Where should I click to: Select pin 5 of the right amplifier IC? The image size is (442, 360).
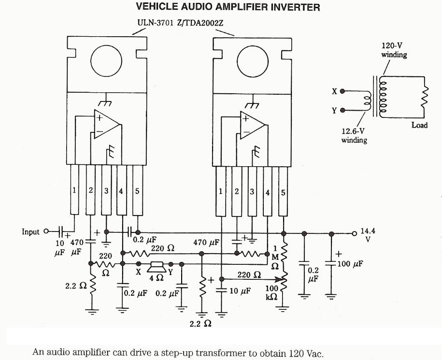click(x=284, y=191)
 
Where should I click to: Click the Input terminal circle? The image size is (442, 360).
click(x=47, y=231)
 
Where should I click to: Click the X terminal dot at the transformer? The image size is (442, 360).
click(x=342, y=91)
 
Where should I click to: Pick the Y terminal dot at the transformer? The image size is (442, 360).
click(x=342, y=110)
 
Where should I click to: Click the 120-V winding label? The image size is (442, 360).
click(x=394, y=50)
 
